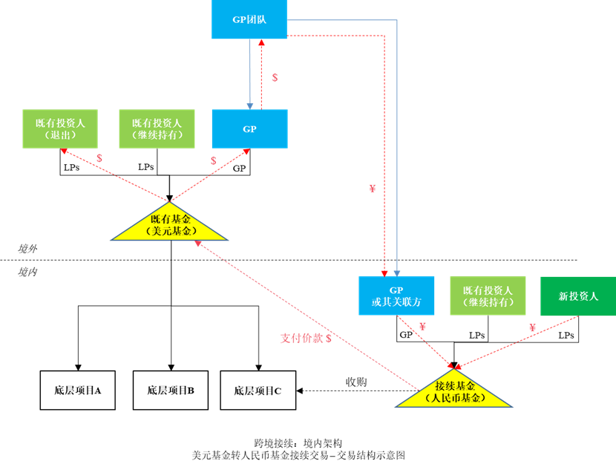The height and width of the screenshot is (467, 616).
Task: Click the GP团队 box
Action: [249, 19]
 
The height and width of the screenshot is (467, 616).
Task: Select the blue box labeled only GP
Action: [249, 128]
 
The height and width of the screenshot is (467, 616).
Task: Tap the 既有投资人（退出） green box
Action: [59, 128]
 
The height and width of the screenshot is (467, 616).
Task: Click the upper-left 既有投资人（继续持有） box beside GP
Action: [157, 128]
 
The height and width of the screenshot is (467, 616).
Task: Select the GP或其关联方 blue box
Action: [396, 295]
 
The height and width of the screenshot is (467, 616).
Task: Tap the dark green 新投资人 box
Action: [577, 295]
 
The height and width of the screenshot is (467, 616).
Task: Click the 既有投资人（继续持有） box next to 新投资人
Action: [488, 295]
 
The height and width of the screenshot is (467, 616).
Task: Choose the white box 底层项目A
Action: [77, 390]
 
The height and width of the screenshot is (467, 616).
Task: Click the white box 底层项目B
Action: [170, 390]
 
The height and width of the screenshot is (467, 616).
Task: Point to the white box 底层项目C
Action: [258, 390]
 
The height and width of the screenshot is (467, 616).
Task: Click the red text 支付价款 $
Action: [305, 338]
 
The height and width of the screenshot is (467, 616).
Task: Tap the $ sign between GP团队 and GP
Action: [275, 77]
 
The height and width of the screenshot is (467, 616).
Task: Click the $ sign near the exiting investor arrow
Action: [99, 158]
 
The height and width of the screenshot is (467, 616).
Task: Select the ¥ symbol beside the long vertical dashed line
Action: [373, 189]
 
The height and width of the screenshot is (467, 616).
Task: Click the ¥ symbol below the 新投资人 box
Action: [532, 327]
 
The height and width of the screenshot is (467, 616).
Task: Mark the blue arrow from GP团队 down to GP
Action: [250, 74]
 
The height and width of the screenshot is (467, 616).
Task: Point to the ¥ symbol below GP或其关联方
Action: [422, 326]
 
